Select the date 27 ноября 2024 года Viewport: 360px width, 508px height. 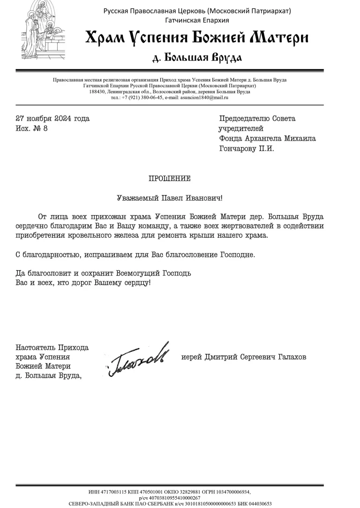52,119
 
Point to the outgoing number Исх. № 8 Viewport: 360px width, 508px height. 32,128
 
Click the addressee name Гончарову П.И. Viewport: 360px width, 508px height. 246,149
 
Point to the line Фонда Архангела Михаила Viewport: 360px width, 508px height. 267,139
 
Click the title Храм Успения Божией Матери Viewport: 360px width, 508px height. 197,37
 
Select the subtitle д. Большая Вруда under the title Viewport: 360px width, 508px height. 197,58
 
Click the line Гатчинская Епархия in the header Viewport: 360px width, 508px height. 197,20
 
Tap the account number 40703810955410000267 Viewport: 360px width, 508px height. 177,498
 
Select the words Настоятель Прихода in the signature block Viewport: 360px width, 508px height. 52,348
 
